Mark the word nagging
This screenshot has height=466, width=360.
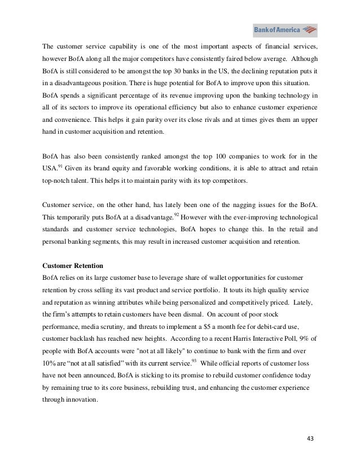point(247,203)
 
